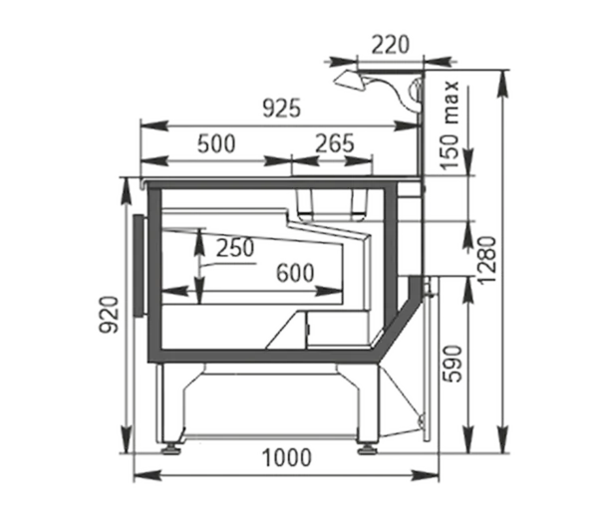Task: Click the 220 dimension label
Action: [390, 45]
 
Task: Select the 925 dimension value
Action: [282, 109]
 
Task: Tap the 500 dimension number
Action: [216, 144]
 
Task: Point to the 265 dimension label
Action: [335, 143]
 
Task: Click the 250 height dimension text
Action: [235, 248]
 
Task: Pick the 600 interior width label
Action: [295, 273]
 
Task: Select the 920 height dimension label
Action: [109, 315]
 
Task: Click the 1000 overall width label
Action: [287, 457]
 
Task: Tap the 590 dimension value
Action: [452, 364]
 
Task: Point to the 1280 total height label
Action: [487, 261]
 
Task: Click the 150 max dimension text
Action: [449, 125]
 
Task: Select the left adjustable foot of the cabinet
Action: [171, 448]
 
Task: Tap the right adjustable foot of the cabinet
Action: [368, 448]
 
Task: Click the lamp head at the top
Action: [349, 81]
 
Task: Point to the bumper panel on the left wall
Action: [140, 266]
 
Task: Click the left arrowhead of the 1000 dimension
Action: [148, 475]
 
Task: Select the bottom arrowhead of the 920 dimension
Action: [127, 439]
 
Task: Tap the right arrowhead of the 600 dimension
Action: [329, 292]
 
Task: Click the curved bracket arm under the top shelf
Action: [393, 91]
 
